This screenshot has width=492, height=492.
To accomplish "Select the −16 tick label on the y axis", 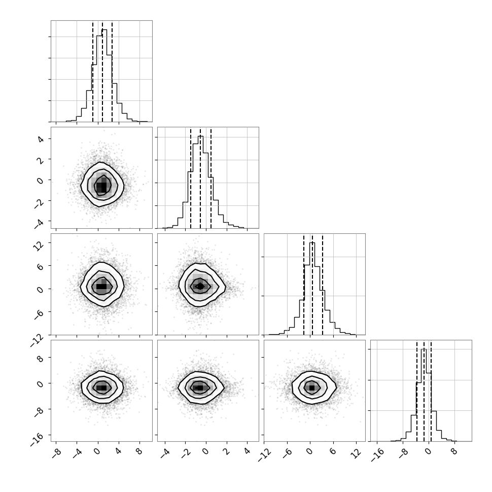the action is click(x=37, y=439).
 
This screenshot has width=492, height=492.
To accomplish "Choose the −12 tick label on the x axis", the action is click(x=264, y=455).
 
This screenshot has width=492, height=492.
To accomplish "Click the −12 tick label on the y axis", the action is click(x=37, y=340).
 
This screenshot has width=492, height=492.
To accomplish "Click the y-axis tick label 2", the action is click(x=41, y=160).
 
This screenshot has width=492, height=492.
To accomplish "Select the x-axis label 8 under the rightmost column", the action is click(x=453, y=452).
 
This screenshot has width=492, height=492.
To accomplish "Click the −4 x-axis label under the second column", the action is click(x=165, y=453).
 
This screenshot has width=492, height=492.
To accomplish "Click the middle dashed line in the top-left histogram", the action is click(x=102, y=72).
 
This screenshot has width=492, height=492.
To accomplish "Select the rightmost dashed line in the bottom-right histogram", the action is click(x=431, y=391).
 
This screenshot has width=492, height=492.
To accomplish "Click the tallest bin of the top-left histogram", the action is click(x=104, y=76).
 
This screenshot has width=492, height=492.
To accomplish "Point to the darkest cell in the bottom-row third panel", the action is click(x=311, y=388).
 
